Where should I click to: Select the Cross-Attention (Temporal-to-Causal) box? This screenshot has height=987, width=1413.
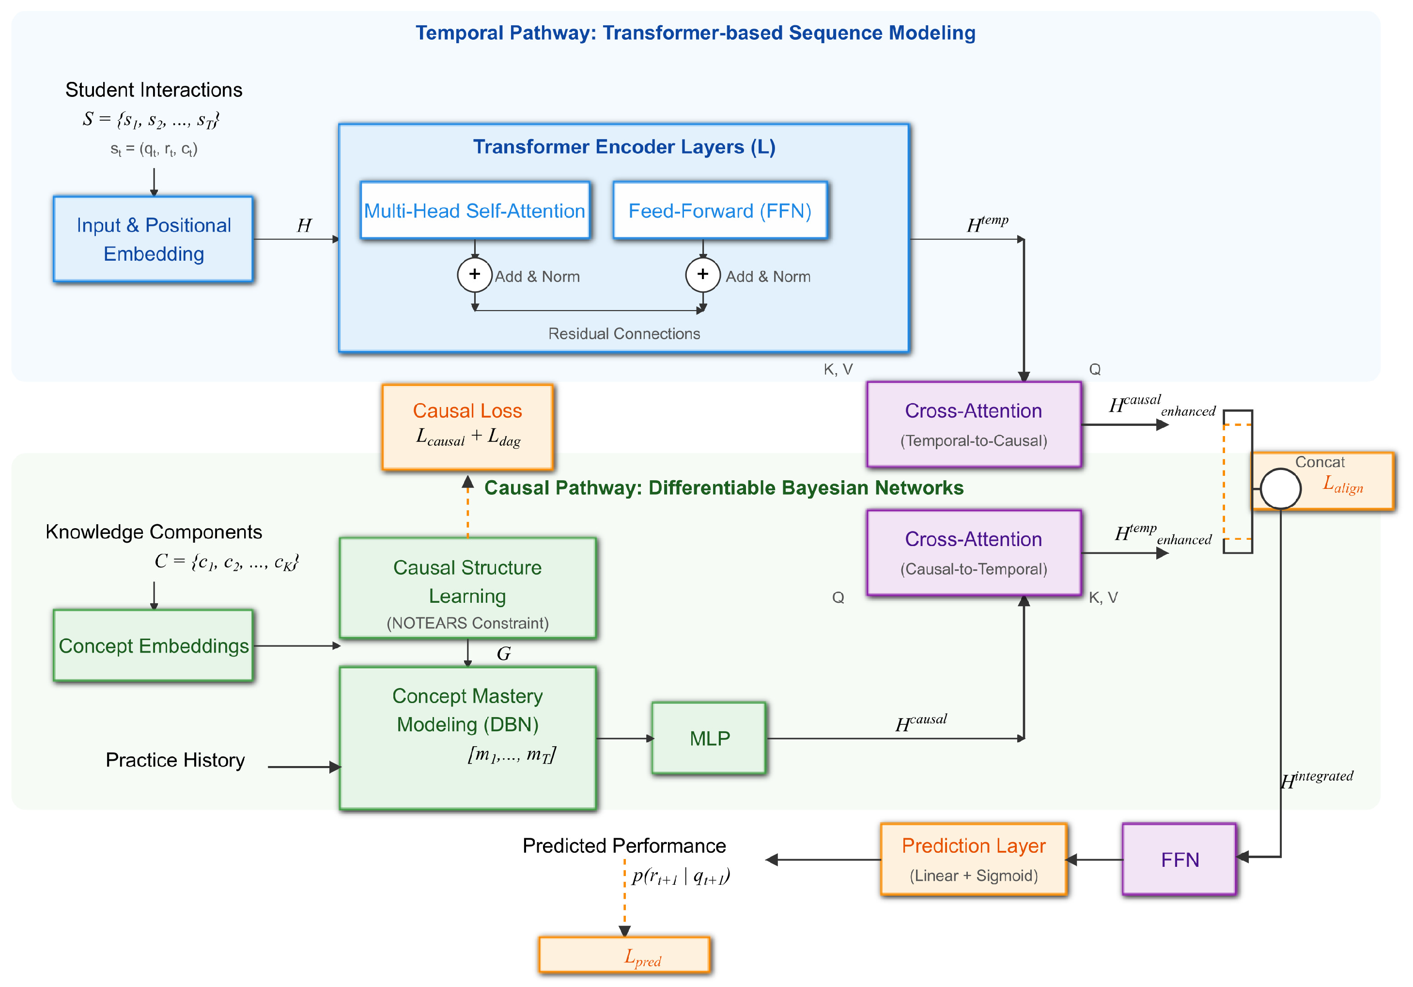coord(973,424)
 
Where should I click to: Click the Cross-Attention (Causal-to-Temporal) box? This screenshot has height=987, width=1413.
coord(973,552)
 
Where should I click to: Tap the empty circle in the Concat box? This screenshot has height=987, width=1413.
coord(1280,488)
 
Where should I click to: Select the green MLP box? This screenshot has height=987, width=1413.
coord(709,737)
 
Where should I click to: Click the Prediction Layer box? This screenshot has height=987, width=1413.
coord(973,859)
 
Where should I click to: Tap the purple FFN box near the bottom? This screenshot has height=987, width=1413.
coord(1179,859)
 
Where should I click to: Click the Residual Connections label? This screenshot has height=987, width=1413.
coord(624,333)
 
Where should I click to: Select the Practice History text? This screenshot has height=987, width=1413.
coord(175,760)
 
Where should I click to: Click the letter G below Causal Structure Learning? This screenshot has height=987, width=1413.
coord(503,653)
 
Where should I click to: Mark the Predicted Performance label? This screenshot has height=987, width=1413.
coord(624,846)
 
